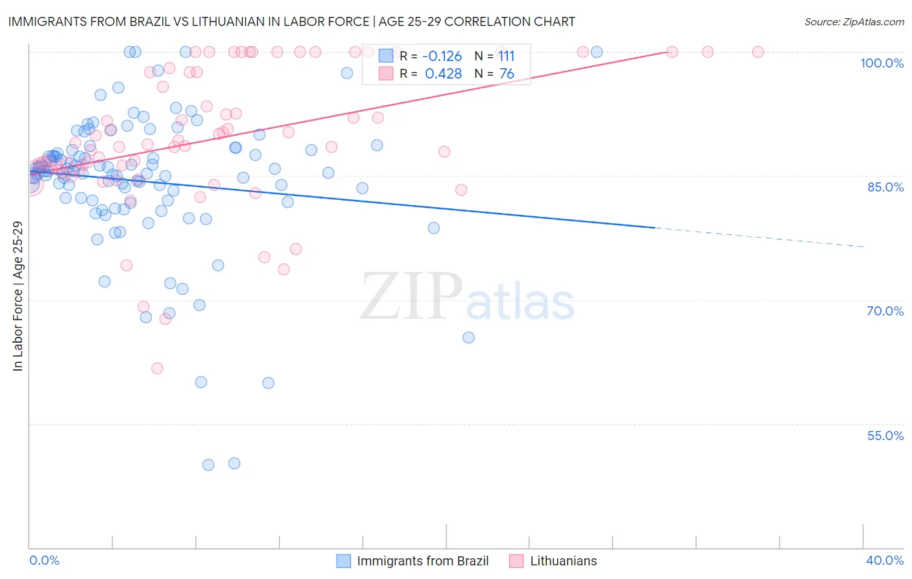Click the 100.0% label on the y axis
tap(882, 63)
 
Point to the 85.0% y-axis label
tap(885, 187)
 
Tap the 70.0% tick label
tap(885, 311)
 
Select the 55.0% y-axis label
tap(885, 436)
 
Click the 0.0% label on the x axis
tap(44, 560)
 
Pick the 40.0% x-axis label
tap(885, 560)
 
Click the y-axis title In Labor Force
tap(18, 297)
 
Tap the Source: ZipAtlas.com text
tap(854, 21)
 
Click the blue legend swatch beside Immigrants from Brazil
tap(344, 561)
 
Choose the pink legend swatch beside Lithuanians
tap(516, 561)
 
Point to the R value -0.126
tap(442, 56)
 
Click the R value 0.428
tap(443, 74)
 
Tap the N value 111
tap(506, 56)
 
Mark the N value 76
tap(507, 74)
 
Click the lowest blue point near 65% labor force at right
tap(468, 338)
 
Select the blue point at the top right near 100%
tap(597, 52)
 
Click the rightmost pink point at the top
tap(758, 52)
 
